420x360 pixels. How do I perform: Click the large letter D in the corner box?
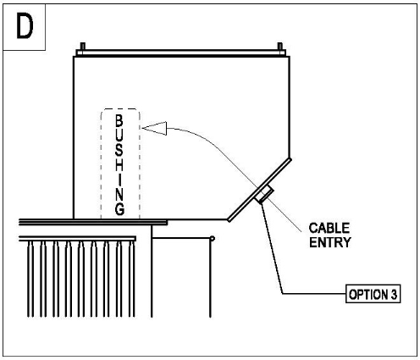(25, 26)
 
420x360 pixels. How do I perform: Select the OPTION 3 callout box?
(373, 294)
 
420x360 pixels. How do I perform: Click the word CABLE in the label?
(329, 228)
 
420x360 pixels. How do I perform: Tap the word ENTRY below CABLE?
(329, 242)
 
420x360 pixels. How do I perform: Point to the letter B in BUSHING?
(119, 121)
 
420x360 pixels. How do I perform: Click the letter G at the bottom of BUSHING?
(119, 209)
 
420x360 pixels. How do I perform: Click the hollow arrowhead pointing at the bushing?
(154, 128)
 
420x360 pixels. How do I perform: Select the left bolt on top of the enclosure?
(83, 47)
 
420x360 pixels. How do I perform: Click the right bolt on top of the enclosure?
(279, 47)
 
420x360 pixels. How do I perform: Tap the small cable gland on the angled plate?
(265, 194)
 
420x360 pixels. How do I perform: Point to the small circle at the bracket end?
(213, 239)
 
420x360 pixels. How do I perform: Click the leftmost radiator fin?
(30, 279)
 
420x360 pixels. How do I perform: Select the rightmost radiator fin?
(131, 279)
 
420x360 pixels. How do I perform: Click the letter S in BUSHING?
(119, 150)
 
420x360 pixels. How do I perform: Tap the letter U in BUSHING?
(119, 136)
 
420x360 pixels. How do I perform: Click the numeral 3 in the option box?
(394, 294)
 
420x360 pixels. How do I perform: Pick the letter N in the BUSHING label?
(119, 195)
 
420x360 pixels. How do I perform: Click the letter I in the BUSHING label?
(119, 180)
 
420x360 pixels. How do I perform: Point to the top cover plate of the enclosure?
(181, 53)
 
